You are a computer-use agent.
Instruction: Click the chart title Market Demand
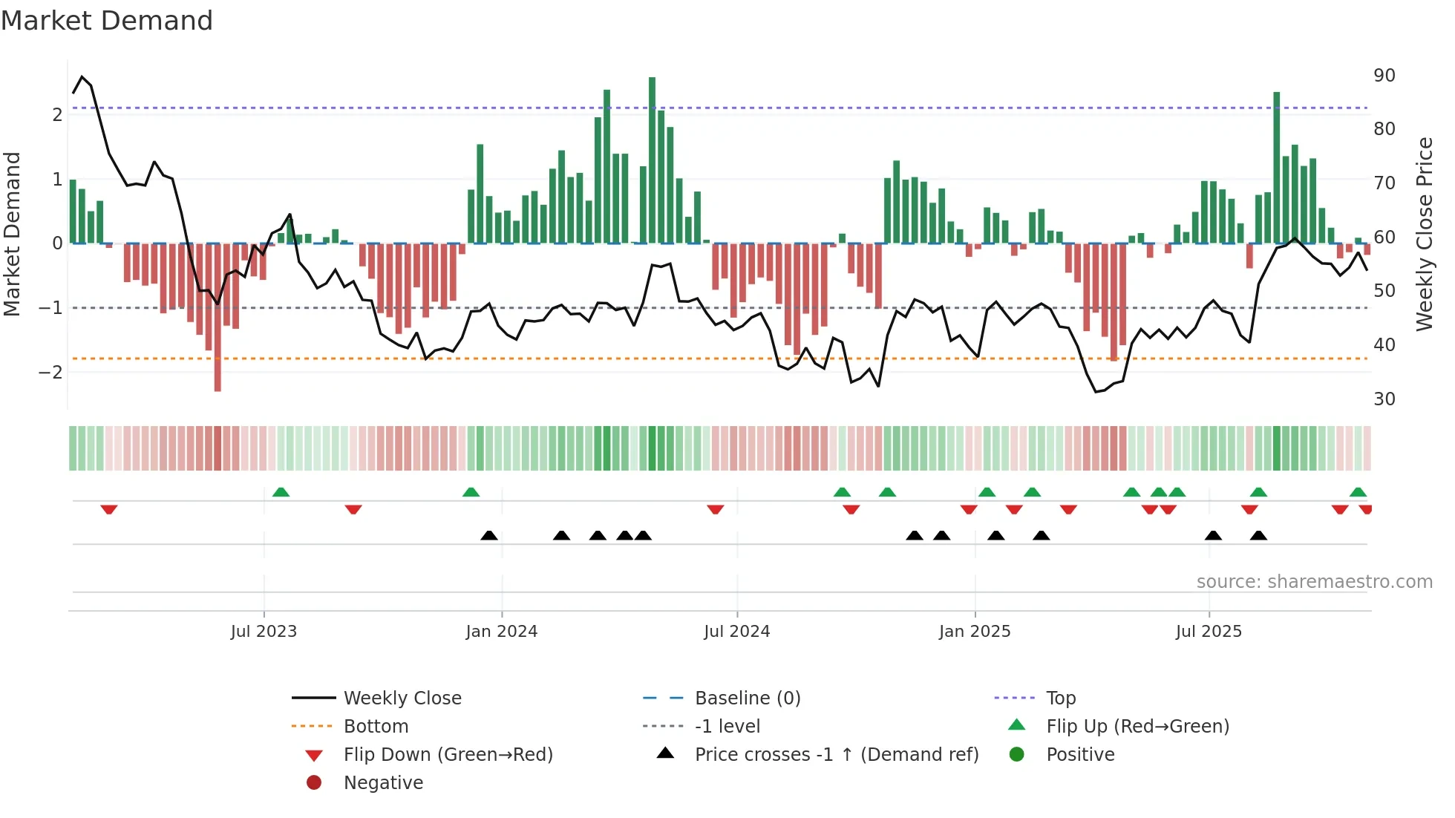(x=107, y=21)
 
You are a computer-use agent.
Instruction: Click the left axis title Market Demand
(x=13, y=234)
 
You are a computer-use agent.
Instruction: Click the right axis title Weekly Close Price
(x=1424, y=234)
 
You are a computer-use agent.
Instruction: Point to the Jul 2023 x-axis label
(x=264, y=632)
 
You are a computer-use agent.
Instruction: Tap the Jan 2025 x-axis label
(x=974, y=632)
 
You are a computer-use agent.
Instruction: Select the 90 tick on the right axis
(x=1384, y=76)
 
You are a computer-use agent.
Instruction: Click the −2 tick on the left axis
(x=51, y=372)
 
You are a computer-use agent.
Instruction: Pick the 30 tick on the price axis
(x=1384, y=399)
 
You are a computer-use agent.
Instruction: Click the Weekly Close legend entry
(x=402, y=698)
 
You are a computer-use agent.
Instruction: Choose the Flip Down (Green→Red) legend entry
(x=448, y=755)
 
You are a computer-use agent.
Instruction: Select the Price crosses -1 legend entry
(x=836, y=755)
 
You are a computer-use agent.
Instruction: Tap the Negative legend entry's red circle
(x=314, y=783)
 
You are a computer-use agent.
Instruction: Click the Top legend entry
(x=1060, y=698)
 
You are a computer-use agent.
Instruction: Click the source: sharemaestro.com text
(x=1314, y=582)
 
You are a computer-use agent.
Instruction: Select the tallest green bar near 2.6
(x=652, y=160)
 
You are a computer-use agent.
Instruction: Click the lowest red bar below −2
(x=218, y=319)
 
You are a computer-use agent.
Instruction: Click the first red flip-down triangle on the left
(x=109, y=509)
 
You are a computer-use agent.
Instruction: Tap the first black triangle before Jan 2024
(x=488, y=535)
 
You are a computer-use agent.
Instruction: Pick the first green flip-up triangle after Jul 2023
(x=281, y=491)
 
